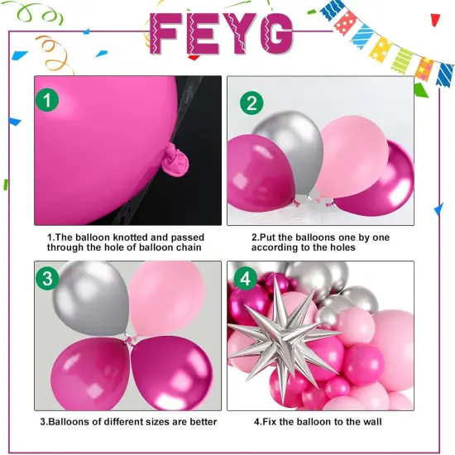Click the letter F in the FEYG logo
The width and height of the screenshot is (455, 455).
173,32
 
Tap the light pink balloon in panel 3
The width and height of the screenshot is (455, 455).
165,296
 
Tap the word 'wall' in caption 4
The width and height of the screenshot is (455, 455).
369,422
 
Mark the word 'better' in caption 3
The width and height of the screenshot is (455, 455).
202,422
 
